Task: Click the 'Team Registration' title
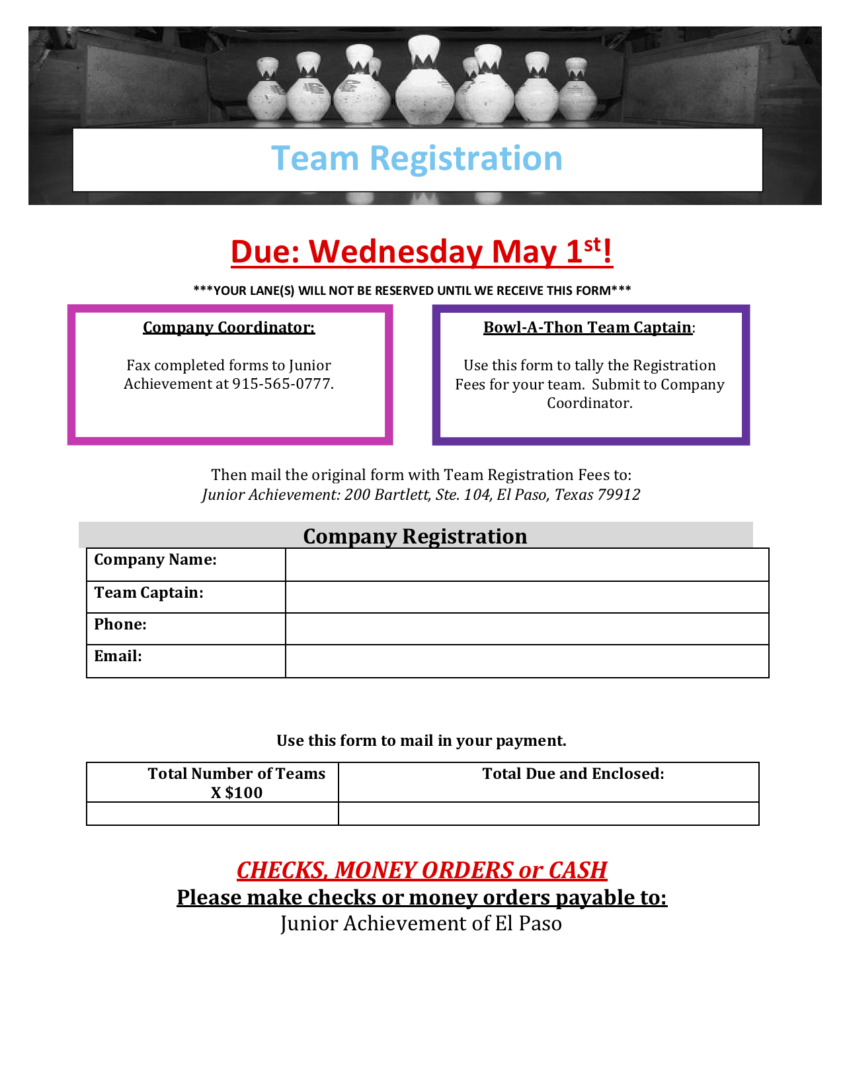tap(417, 159)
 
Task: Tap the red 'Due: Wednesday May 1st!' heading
tap(422, 252)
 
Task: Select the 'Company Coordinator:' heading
tap(229, 327)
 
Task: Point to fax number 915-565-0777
tap(282, 384)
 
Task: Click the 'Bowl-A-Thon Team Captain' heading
tap(588, 327)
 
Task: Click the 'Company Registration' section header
tap(415, 536)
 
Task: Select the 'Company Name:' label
tap(155, 560)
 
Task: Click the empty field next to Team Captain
tap(527, 597)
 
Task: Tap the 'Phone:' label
tap(120, 625)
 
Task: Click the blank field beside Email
tap(527, 661)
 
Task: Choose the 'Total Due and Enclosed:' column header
tap(573, 774)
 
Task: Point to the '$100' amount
tap(244, 793)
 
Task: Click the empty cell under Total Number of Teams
tap(212, 814)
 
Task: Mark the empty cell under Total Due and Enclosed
tap(548, 814)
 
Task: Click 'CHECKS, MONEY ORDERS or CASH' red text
tap(422, 870)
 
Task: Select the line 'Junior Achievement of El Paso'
tap(421, 924)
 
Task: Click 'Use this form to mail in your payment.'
tap(421, 741)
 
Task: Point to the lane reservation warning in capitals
tap(412, 290)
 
